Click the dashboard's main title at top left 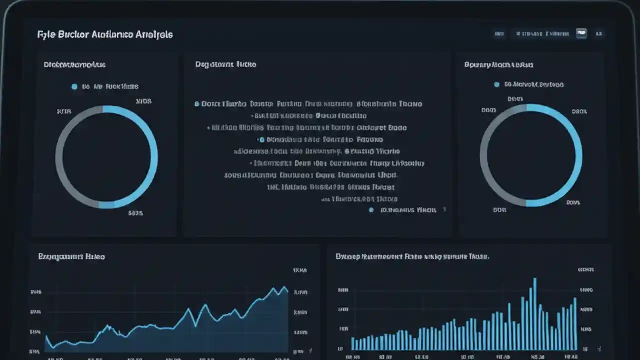(105, 35)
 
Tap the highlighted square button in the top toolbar (581, 34)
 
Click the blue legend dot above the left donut (74, 87)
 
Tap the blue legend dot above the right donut (496, 85)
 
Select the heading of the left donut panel (75, 65)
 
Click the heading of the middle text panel (226, 65)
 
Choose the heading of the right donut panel (498, 65)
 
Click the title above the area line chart (71, 256)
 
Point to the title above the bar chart (412, 256)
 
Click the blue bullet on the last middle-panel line (371, 210)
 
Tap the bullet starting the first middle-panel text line (197, 104)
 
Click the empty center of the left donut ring (106, 157)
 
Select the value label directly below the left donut (135, 213)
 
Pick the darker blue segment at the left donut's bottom (106, 205)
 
